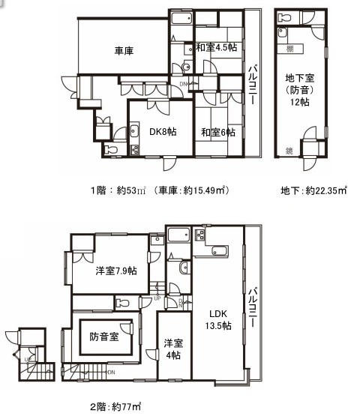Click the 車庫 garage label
coord(124,51)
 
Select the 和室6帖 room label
coord(217,132)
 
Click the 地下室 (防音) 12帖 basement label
coord(301,88)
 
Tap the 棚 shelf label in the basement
coord(289,49)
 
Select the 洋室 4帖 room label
coord(173,349)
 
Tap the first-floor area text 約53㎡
coord(127,191)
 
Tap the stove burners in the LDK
coord(201,235)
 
